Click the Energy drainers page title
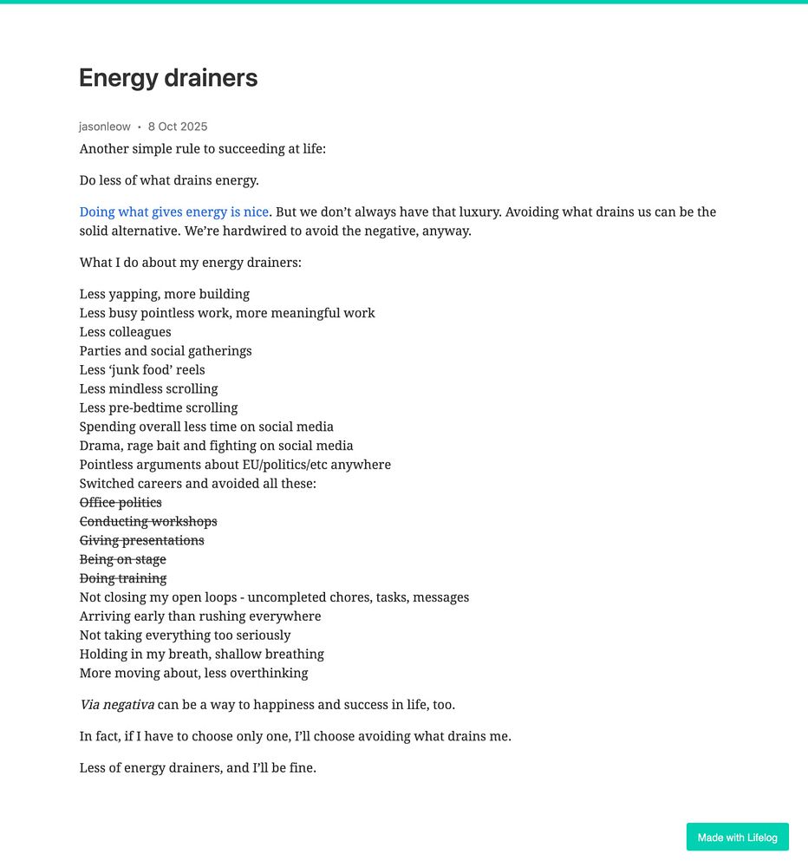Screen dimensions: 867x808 [168, 78]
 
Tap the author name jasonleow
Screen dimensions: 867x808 [105, 127]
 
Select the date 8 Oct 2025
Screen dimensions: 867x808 [178, 127]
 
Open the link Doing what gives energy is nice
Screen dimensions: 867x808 [174, 212]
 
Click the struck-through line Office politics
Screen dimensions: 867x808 [121, 503]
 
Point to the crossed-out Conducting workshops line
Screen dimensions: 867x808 [148, 522]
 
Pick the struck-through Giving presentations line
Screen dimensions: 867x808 [142, 541]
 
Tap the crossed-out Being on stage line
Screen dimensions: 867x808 [123, 560]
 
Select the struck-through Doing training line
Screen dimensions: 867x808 [123, 578]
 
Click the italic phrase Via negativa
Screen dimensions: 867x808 [117, 705]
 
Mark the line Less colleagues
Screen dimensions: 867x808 [126, 332]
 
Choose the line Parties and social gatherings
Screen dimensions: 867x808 [166, 351]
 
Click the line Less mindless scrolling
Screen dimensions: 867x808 [149, 389]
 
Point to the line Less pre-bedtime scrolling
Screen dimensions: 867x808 [159, 408]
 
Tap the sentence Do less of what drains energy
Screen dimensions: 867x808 [169, 180]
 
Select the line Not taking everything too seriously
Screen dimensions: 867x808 [186, 636]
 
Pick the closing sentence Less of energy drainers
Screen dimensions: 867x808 [198, 767]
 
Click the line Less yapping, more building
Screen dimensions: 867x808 [165, 294]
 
